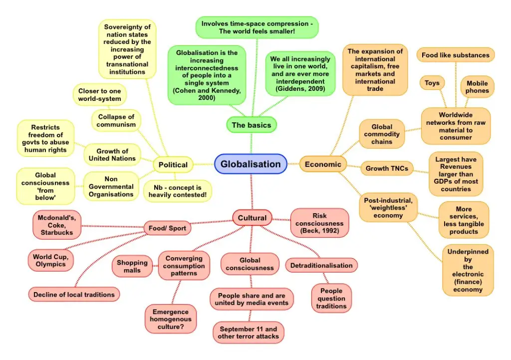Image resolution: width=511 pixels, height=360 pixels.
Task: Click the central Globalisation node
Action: (251, 164)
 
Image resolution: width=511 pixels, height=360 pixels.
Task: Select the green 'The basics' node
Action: (252, 125)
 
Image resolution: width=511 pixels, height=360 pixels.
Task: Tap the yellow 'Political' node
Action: (173, 165)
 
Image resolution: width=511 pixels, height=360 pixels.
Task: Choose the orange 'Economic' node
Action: (323, 164)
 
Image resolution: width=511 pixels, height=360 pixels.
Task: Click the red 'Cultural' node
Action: (252, 218)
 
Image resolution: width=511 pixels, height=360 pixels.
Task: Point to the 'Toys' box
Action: (432, 83)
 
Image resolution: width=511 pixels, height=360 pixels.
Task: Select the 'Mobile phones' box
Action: (477, 87)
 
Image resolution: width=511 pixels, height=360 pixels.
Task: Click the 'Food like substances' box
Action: (456, 55)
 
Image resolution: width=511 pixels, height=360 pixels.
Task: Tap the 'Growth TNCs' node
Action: (387, 168)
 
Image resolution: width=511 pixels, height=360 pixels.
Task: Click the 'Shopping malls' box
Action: (132, 266)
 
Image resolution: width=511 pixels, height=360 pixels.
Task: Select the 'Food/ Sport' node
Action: (167, 229)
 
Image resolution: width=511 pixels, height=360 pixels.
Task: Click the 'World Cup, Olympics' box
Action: (50, 260)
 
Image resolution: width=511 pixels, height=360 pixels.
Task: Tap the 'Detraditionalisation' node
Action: (321, 266)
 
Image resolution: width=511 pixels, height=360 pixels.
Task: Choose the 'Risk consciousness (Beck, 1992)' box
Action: (319, 223)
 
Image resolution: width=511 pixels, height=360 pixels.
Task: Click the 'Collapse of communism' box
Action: (116, 121)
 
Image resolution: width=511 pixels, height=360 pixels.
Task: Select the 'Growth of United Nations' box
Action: (112, 155)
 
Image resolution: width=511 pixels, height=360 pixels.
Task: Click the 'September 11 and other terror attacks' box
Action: (248, 333)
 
